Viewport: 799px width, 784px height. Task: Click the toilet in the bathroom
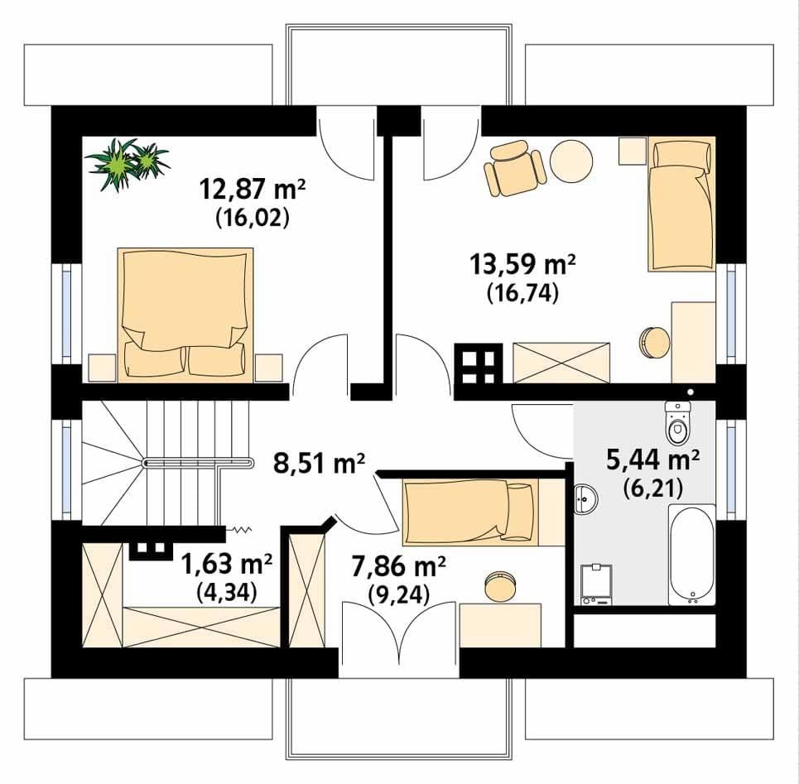(x=676, y=423)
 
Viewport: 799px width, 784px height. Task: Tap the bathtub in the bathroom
(x=691, y=555)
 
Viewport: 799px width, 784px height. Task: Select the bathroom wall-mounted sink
(x=586, y=498)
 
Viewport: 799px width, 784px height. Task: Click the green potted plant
(x=127, y=164)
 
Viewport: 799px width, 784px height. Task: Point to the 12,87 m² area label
(x=253, y=189)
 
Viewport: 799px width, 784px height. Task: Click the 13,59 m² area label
(x=522, y=264)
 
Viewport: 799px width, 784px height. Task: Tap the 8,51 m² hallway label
(x=319, y=464)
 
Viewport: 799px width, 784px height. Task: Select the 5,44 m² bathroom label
(x=652, y=460)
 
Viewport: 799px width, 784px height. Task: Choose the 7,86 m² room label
(x=399, y=566)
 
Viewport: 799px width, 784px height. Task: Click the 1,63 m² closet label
(x=227, y=564)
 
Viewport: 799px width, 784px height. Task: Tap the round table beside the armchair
(x=572, y=160)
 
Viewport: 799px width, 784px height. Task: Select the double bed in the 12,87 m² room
(x=185, y=315)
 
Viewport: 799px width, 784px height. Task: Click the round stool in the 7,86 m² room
(x=500, y=587)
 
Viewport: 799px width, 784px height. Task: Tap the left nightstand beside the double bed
(x=103, y=368)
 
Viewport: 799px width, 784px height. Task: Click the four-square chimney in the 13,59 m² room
(x=479, y=364)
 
